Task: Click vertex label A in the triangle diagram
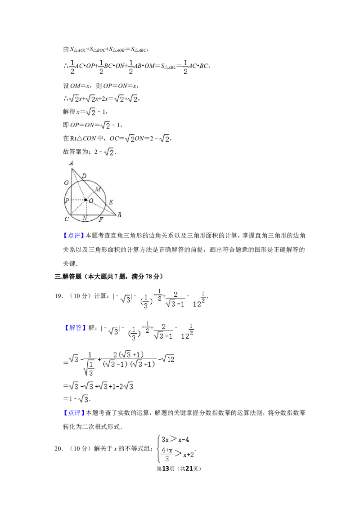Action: (71, 163)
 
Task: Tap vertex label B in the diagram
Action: (119, 215)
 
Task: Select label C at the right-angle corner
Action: (67, 219)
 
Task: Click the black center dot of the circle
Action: (85, 200)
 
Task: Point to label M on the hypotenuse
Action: (98, 189)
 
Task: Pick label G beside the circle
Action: (66, 183)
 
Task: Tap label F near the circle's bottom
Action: (101, 219)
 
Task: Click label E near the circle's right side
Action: (111, 202)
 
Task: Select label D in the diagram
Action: (84, 176)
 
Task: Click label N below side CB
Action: (85, 218)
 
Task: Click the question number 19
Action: (58, 296)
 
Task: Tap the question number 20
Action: (58, 449)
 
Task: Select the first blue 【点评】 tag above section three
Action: (74, 236)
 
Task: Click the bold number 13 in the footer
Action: (166, 469)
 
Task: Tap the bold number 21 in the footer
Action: (189, 469)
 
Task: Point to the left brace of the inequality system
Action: (159, 449)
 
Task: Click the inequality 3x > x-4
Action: (175, 440)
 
